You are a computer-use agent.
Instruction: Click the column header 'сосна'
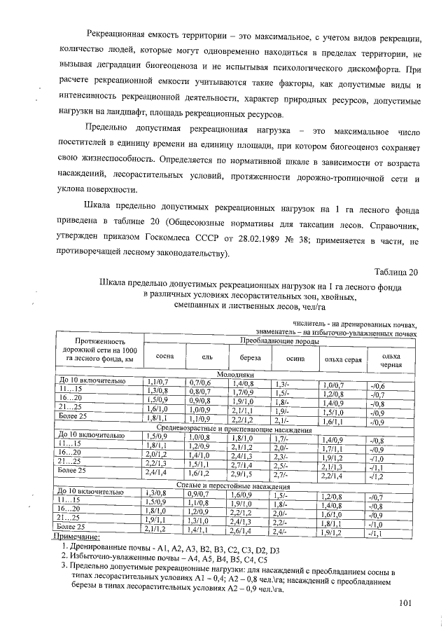click(x=164, y=357)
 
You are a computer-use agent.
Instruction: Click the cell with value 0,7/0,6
click(x=199, y=383)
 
